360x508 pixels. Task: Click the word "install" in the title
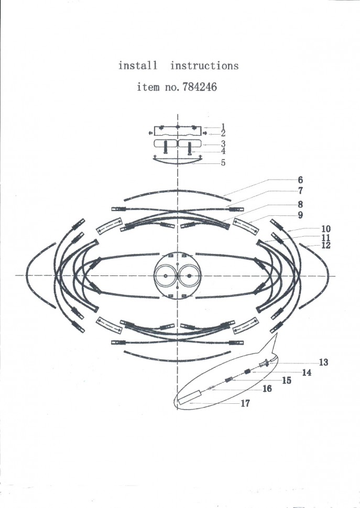[x=137, y=66]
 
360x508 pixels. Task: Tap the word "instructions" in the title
[x=204, y=66]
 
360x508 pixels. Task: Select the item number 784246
[x=199, y=87]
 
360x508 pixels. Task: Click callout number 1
[x=223, y=126]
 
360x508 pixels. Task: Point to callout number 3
[x=223, y=143]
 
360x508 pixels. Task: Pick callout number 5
[x=223, y=163]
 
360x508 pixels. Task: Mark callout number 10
[x=326, y=229]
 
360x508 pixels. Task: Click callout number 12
[x=326, y=245]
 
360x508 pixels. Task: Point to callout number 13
[x=323, y=362]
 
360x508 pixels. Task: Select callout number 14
[x=307, y=372]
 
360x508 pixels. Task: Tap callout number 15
[x=286, y=381]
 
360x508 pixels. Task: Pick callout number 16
[x=267, y=389]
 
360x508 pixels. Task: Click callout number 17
[x=245, y=403]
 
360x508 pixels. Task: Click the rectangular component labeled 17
[x=190, y=396]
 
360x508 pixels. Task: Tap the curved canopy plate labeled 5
[x=178, y=161]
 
